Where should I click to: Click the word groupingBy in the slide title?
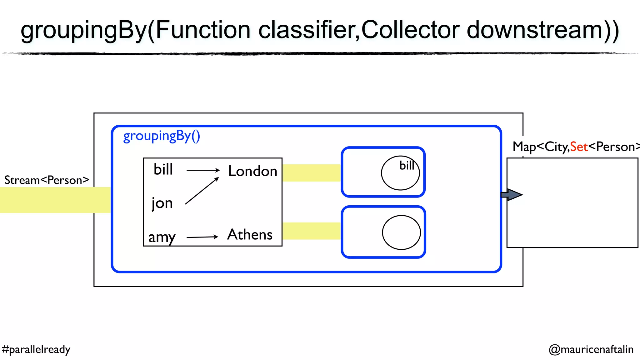point(83,31)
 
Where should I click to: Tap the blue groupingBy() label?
point(162,136)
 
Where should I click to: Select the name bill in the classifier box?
point(163,170)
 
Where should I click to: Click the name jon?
point(162,203)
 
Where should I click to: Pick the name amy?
point(162,237)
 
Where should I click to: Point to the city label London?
point(252,171)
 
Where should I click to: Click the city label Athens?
point(250,235)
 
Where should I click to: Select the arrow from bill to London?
point(203,170)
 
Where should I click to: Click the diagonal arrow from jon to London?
point(202,191)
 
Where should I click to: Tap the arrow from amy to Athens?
point(202,237)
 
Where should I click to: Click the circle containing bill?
point(400,173)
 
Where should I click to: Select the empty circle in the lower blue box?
point(401,232)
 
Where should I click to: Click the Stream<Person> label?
point(47,180)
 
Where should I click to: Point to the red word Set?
point(579,147)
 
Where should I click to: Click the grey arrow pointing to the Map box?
point(511,195)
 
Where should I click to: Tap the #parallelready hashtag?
point(36,349)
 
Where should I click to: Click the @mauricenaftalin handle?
point(591,349)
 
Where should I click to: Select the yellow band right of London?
point(311,173)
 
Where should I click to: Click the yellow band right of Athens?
point(311,231)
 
